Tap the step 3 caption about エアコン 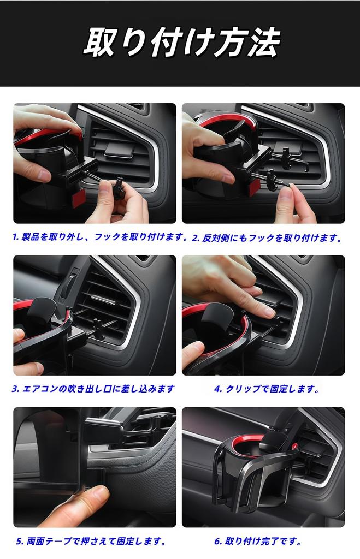pos(93,389)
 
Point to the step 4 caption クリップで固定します pos(267,389)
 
